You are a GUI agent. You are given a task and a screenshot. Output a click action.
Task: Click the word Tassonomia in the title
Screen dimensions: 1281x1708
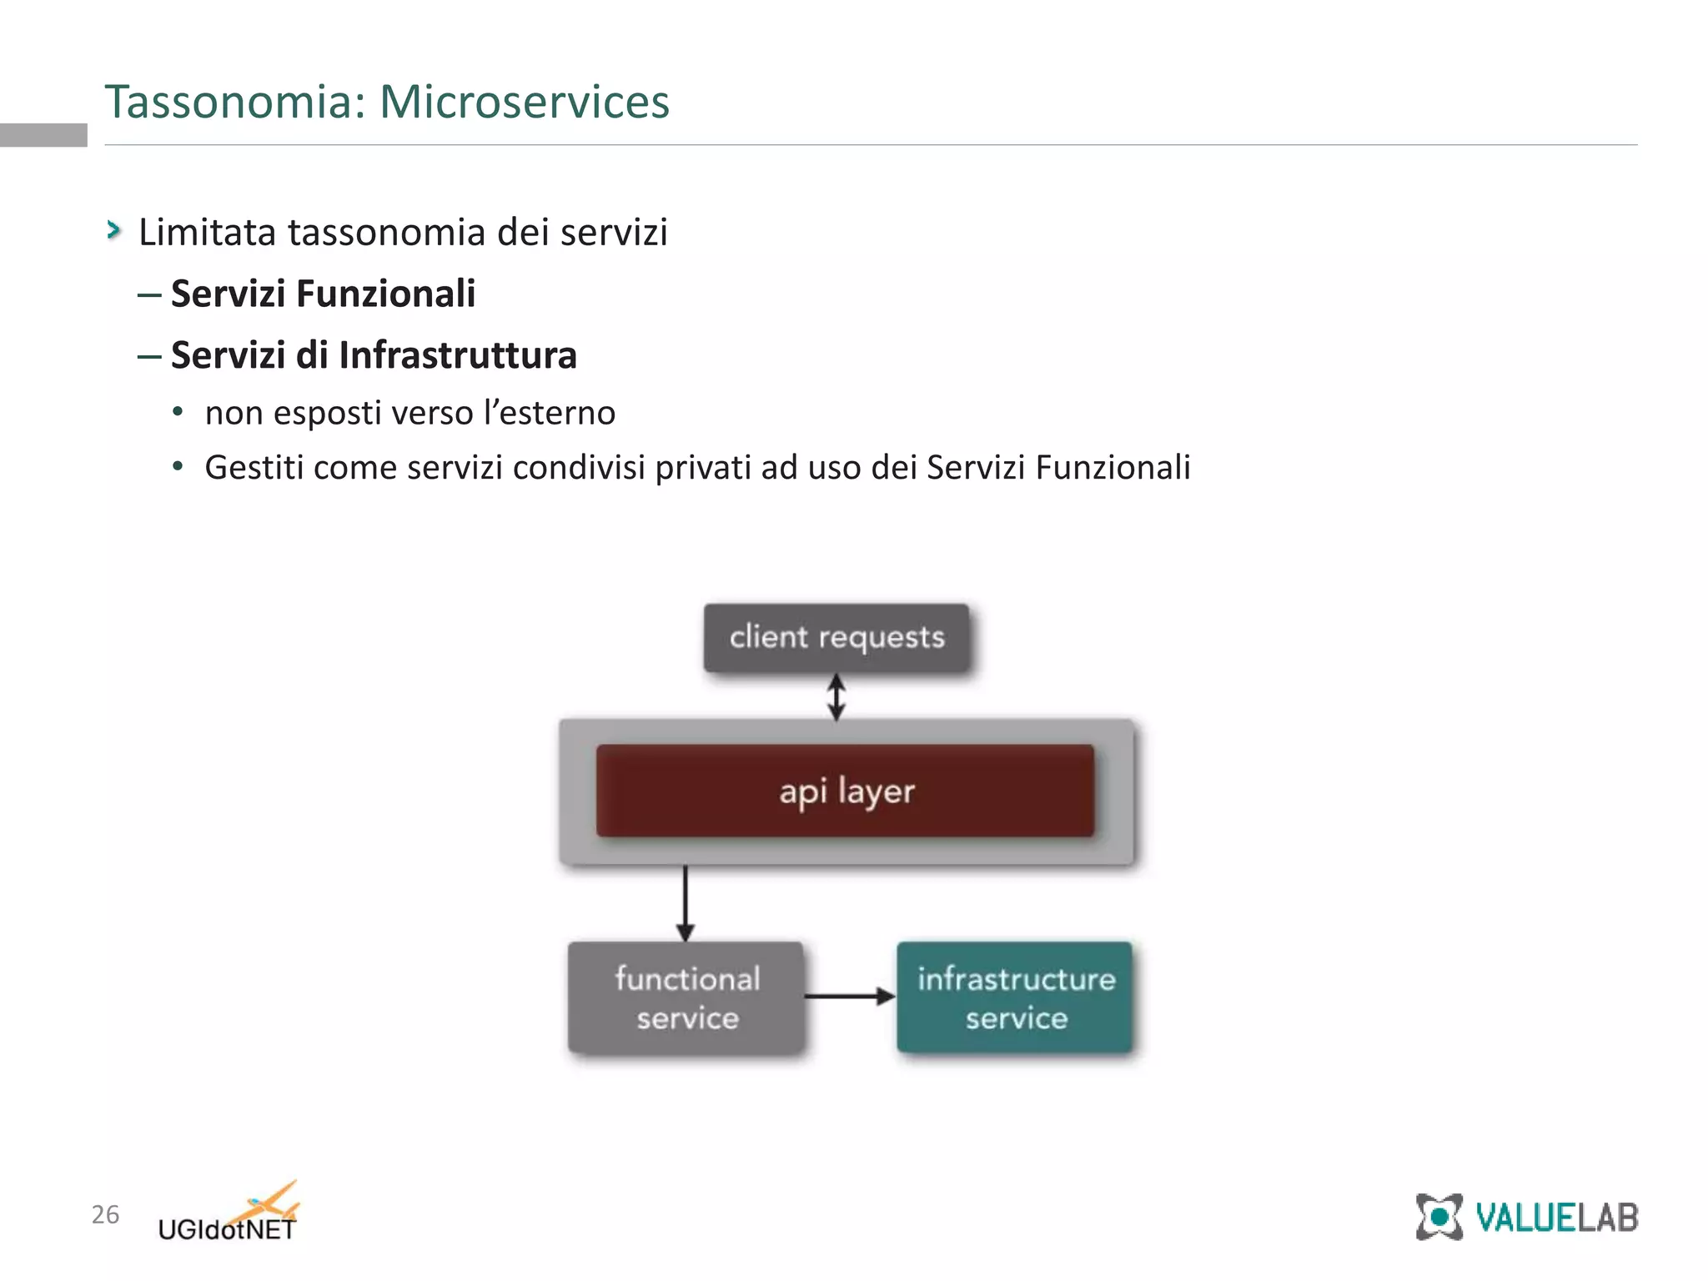pos(235,102)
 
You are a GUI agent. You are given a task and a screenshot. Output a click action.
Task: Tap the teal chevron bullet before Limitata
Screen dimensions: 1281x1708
pos(114,230)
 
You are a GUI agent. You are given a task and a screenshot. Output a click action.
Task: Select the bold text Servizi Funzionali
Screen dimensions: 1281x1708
pos(323,294)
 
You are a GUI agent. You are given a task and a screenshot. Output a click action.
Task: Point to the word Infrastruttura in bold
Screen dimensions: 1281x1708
pos(457,355)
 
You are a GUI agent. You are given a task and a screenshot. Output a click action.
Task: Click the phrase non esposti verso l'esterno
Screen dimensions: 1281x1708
pos(409,413)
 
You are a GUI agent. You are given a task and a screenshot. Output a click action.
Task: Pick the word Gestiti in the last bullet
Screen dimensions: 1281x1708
pos(254,467)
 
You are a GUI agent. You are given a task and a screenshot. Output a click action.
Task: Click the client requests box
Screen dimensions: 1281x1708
pos(836,638)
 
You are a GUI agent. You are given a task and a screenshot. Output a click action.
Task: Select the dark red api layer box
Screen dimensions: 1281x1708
pos(845,791)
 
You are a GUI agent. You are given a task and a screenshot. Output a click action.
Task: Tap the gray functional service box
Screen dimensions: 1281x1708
pos(686,997)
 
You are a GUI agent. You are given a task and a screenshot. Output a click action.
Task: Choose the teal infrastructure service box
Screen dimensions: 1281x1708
pos(1015,997)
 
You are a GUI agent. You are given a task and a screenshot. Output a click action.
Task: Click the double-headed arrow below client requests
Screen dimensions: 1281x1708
pos(836,697)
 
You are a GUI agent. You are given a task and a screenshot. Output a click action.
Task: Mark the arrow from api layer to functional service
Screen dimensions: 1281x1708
pos(686,904)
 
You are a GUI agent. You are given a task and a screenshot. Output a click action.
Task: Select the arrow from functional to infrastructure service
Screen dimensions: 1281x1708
pos(849,996)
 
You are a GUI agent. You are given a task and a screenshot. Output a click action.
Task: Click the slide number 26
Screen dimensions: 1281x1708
pos(105,1214)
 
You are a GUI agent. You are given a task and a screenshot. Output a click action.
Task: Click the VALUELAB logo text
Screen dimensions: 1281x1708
pos(1556,1218)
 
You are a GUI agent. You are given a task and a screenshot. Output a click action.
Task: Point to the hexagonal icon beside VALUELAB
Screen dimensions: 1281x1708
pos(1439,1218)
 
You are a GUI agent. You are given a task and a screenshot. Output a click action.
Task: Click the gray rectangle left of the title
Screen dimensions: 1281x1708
pos(43,134)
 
